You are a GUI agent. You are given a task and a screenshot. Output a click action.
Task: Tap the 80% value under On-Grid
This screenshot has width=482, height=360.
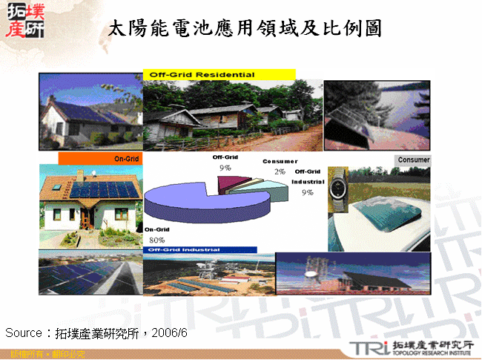(x=156, y=240)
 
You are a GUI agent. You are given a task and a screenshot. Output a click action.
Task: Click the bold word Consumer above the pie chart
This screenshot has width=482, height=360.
(x=280, y=161)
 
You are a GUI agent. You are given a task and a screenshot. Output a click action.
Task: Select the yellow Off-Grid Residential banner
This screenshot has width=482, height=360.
(x=219, y=75)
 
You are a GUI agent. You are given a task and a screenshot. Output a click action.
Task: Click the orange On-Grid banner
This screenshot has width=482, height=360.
(x=99, y=159)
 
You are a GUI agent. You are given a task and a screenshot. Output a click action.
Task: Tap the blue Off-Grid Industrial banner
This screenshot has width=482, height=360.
(x=200, y=250)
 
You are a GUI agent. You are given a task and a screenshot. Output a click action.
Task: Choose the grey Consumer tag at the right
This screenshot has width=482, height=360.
(x=413, y=160)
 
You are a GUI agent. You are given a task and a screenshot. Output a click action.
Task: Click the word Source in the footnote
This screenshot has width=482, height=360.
(x=22, y=332)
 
